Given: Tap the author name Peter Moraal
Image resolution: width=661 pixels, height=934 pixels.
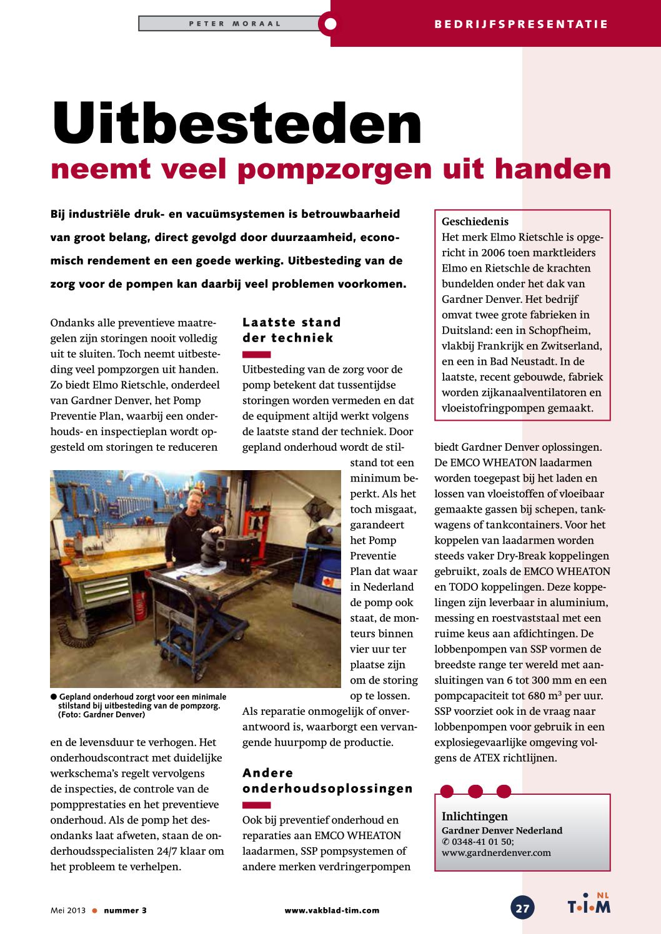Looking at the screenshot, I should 235,24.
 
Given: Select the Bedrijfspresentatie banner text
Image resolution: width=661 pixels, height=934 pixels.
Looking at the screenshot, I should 520,24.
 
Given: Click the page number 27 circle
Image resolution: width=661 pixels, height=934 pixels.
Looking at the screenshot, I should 522,908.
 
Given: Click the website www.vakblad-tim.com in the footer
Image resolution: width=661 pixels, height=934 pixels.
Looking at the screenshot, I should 332,910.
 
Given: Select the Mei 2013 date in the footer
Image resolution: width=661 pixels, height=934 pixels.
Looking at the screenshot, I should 68,910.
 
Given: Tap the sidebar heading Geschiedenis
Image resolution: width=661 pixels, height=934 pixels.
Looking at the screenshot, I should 475,222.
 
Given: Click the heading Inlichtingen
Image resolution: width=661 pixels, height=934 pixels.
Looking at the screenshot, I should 474,816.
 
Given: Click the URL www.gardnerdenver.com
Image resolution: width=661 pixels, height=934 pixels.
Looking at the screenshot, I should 496,853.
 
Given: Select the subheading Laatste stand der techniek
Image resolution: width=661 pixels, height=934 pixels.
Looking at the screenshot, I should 291,330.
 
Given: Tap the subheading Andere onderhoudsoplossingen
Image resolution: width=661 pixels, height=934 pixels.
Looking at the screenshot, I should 327,781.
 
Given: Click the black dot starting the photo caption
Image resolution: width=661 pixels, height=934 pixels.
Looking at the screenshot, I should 54,697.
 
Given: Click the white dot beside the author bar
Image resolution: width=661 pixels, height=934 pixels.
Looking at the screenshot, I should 330,24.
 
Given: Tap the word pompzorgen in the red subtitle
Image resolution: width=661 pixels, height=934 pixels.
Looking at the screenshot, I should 334,169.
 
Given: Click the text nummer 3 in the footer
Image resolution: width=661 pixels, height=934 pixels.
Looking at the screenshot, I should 125,910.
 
